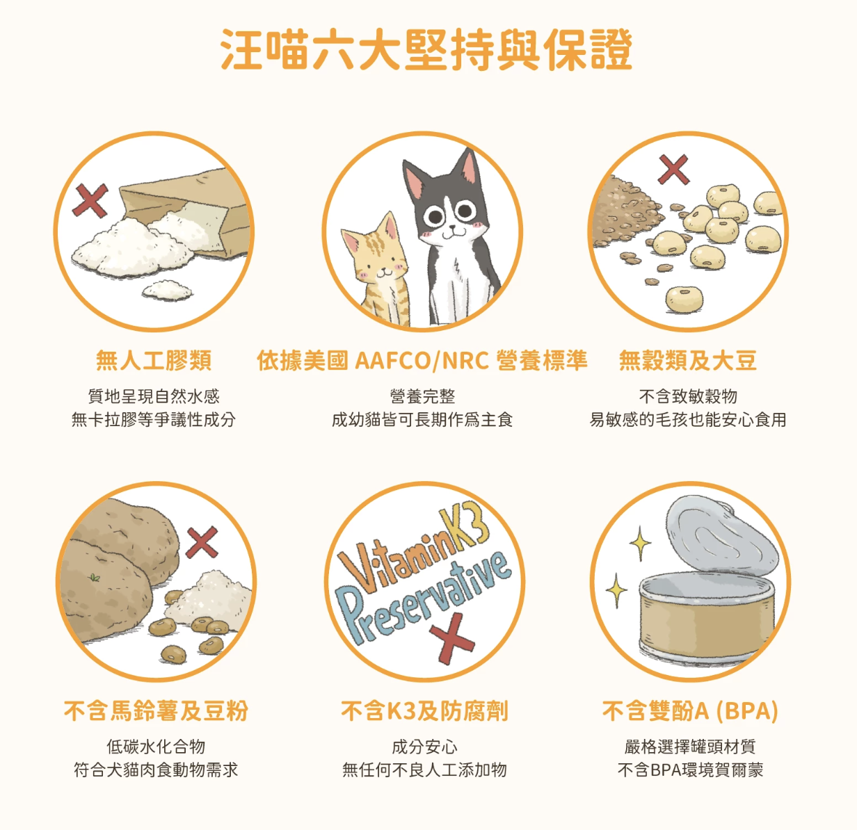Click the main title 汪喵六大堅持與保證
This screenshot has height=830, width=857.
pos(426,49)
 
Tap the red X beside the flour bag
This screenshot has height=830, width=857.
pos(90,200)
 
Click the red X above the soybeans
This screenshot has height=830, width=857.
pos(673,170)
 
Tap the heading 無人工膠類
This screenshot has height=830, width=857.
pos(154,361)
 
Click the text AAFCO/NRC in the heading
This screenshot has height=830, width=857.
pos(422,361)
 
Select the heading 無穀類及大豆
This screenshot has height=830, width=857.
pos(688,361)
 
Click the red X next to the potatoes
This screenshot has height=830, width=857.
pos(202,542)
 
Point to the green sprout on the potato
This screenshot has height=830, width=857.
pos(94,578)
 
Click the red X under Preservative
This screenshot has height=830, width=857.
pos(452,638)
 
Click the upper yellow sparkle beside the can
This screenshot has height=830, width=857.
pos(639,543)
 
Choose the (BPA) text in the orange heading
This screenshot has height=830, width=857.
pos(747,711)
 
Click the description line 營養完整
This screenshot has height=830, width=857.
pos(422,396)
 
